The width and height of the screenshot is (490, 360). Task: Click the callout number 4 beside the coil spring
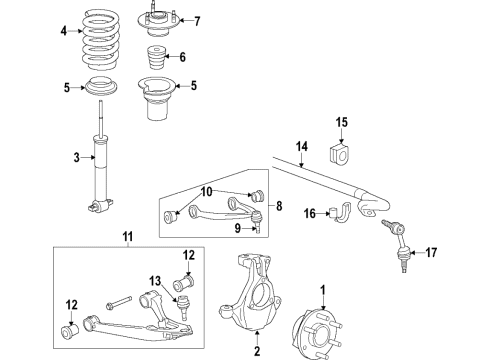[x=63, y=31]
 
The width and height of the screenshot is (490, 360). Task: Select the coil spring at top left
[x=98, y=40]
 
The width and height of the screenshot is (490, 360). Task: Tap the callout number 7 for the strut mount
[x=196, y=21]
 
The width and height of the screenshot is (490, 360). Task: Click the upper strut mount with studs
[x=157, y=18]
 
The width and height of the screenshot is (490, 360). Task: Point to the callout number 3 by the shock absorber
[x=75, y=157]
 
